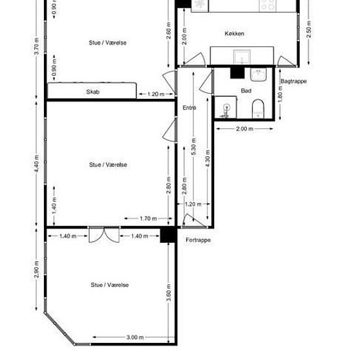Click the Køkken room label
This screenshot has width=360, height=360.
click(x=234, y=33)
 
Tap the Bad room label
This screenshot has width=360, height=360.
click(x=246, y=91)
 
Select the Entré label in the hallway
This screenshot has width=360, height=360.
click(x=189, y=108)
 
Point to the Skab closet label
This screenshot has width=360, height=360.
click(x=93, y=92)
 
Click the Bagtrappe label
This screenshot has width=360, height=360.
click(x=294, y=81)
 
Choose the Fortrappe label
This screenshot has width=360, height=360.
click(x=198, y=240)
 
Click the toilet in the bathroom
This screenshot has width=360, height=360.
click(x=258, y=109)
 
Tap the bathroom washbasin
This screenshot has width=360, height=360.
click(x=259, y=75)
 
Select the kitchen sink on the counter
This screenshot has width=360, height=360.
click(x=242, y=57)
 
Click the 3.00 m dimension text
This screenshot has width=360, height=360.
click(x=135, y=337)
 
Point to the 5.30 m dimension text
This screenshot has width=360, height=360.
click(x=194, y=147)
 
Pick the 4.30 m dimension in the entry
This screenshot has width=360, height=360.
click(x=207, y=158)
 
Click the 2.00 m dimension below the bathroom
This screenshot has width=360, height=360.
click(x=245, y=129)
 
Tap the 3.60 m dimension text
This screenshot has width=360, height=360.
click(x=169, y=293)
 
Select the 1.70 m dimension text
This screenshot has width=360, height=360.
click(x=149, y=219)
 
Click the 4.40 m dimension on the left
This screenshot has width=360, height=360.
click(x=37, y=164)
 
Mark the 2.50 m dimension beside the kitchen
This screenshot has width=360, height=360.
click(x=309, y=29)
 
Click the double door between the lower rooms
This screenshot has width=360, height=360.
click(x=104, y=234)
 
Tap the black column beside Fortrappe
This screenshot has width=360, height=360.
click(x=168, y=234)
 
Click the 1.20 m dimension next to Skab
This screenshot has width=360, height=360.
click(x=156, y=94)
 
